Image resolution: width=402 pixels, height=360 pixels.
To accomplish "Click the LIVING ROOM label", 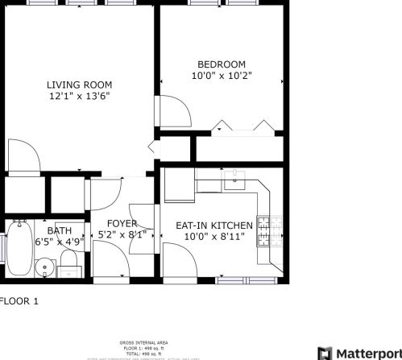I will coord(79,85).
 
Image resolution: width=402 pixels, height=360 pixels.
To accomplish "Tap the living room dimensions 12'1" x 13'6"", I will coord(79,96).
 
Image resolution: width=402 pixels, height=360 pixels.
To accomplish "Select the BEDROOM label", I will coord(222,64).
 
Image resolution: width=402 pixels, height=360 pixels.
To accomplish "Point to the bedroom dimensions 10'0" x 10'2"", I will coord(222,76).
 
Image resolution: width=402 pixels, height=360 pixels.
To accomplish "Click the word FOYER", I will coord(122,224).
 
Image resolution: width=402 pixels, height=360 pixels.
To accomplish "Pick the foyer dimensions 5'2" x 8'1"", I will coord(122,235).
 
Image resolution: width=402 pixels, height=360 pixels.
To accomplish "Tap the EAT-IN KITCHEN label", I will coord(214,226).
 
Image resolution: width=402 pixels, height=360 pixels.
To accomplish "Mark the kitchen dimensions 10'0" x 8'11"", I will coord(214,237).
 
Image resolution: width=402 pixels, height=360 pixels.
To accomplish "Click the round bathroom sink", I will coord(45,265).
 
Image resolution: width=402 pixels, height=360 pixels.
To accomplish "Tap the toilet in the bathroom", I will coord(69,262).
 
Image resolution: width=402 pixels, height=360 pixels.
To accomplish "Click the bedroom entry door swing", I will coord(173,111).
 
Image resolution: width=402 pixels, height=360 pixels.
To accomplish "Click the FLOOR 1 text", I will coord(18,301).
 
